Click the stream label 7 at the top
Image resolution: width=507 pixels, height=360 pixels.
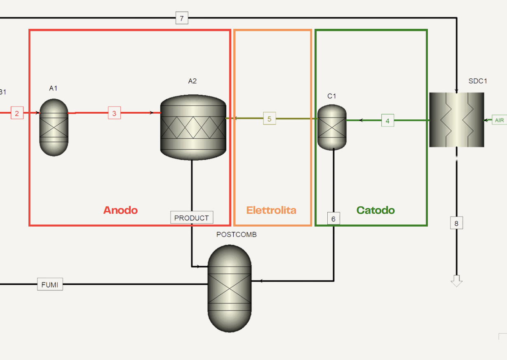click(182, 18)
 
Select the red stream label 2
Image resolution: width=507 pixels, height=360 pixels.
click(17, 113)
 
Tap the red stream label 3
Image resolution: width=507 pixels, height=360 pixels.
click(114, 113)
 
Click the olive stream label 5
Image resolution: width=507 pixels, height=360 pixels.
click(270, 119)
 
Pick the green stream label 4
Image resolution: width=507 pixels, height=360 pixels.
click(387, 121)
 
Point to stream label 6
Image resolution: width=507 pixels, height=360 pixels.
click(333, 219)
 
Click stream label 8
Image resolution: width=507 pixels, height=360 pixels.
click(456, 224)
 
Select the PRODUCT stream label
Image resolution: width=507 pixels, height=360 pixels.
click(192, 218)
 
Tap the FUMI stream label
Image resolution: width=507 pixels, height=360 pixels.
click(50, 285)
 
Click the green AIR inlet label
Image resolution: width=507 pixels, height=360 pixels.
click(499, 120)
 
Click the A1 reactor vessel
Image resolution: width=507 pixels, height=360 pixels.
click(54, 127)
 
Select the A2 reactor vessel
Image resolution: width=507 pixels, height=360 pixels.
click(193, 127)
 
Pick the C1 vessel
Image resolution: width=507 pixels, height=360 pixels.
click(332, 127)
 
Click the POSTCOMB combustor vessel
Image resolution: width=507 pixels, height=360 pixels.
click(230, 288)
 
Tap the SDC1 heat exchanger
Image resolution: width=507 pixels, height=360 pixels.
click(456, 120)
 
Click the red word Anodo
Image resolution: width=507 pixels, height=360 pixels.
click(120, 210)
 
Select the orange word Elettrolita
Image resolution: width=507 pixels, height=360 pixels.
click(271, 210)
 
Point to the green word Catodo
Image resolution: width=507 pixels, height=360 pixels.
click(376, 210)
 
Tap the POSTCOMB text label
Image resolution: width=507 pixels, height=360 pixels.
click(236, 234)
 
